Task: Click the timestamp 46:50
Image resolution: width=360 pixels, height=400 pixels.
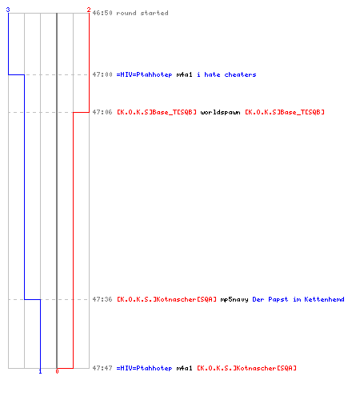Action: point(102,13)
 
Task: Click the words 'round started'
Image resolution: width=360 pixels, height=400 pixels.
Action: point(142,13)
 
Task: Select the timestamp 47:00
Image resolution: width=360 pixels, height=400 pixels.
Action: point(102,74)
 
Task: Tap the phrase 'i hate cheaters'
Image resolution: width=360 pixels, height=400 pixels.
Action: point(226,74)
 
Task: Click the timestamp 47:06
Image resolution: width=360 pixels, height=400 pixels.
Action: point(102,112)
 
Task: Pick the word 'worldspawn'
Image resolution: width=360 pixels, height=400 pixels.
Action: point(220,112)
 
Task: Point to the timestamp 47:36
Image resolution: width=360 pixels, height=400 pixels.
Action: point(102,299)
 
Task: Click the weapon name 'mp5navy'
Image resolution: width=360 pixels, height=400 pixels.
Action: point(234,299)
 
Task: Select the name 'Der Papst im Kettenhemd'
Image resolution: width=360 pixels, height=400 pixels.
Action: point(298,299)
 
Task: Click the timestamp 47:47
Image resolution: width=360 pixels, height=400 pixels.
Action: point(102,368)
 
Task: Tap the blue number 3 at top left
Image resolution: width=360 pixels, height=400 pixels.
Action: point(8,10)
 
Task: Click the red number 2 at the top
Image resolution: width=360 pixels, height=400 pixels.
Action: point(89,10)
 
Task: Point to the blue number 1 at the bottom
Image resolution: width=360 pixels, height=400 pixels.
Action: point(40,371)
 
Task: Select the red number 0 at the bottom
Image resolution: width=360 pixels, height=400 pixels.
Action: point(57,371)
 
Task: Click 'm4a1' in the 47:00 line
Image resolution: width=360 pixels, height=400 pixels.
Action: point(184,74)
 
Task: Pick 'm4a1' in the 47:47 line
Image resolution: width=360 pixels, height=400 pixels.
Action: point(184,368)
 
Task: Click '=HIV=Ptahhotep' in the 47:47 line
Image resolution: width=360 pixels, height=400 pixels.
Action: point(144,368)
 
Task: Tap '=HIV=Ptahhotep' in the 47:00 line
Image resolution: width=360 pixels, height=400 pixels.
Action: point(144,74)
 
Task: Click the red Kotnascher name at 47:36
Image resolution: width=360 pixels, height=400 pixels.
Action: point(166,299)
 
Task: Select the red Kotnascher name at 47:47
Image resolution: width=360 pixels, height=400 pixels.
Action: point(246,368)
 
